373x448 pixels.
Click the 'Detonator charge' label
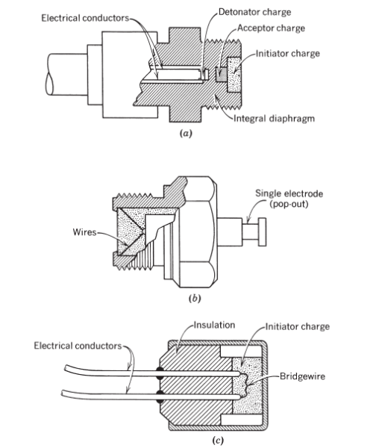coord(254,12)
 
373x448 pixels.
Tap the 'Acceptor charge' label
coord(271,28)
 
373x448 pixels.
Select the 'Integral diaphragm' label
coord(275,118)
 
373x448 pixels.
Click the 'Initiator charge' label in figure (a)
coord(288,54)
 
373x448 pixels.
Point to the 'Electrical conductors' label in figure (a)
coord(85,18)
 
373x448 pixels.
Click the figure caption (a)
coord(186,133)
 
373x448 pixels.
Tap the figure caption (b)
coord(195,298)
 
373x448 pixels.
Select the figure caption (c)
coord(218,440)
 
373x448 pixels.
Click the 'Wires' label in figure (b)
coord(84,231)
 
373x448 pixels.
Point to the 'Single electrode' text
coord(289,193)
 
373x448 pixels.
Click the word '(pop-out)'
coord(289,205)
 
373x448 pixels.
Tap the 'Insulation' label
coord(214,325)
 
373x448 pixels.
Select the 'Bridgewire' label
coord(303,376)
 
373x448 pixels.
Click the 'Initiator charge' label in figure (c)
coord(298,326)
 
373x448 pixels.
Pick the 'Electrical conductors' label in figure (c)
coord(78,346)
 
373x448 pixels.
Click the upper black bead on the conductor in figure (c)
coord(160,373)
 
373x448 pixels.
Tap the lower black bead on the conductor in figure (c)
coord(160,396)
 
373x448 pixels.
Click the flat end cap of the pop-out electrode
coord(263,232)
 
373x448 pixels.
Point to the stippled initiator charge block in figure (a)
coord(234,75)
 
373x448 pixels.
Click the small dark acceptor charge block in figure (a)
coord(221,75)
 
